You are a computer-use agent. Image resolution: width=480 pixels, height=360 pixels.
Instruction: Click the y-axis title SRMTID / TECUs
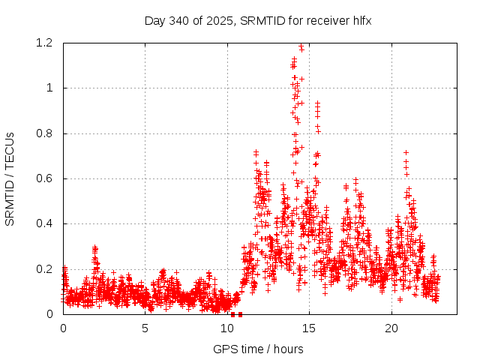(x=10, y=178)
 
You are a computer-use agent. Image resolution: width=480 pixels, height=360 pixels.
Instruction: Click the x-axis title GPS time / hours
(x=258, y=349)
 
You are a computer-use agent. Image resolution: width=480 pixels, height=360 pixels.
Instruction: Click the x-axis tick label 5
(x=145, y=328)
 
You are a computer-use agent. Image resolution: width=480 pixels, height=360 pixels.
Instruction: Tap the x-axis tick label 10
(x=227, y=328)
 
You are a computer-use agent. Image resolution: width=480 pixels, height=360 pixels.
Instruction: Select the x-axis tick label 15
(x=310, y=328)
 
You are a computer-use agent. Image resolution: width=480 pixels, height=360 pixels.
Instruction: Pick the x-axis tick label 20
(x=391, y=328)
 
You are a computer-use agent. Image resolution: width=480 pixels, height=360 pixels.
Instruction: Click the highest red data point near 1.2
(x=301, y=49)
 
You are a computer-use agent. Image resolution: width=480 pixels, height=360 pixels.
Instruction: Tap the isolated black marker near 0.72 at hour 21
(x=406, y=152)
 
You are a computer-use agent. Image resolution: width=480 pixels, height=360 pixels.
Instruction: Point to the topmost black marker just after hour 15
(x=317, y=103)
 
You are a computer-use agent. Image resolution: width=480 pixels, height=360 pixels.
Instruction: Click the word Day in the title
(x=154, y=21)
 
